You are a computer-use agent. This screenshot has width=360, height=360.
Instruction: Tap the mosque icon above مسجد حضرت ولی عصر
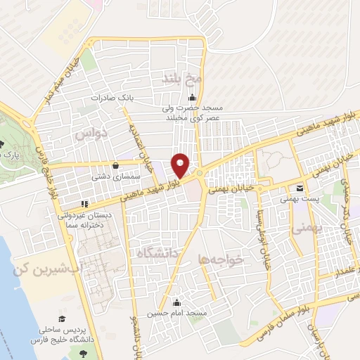click(x=192, y=98)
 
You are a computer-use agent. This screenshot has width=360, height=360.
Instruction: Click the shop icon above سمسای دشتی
click(x=115, y=166)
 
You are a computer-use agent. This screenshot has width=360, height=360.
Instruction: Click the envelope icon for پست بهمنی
click(x=300, y=188)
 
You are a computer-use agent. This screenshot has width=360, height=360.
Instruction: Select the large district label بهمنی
click(x=307, y=229)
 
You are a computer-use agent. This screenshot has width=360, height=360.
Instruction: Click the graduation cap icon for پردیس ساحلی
click(x=62, y=319)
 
